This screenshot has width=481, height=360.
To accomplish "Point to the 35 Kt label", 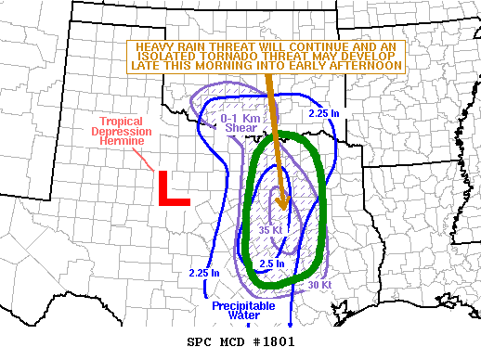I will [270, 230].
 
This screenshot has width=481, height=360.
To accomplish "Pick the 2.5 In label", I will [271, 264].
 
